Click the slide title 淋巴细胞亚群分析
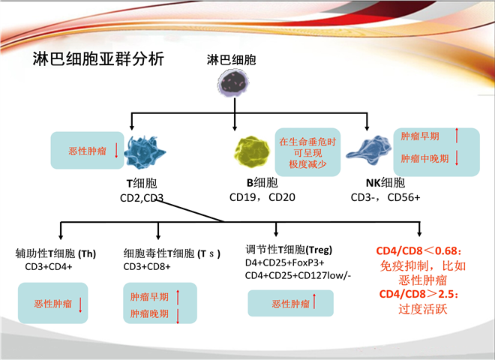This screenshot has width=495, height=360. tap(98, 58)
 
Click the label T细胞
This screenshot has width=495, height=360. tap(142, 184)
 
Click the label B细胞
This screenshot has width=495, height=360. tap(262, 184)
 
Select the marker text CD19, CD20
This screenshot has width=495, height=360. tap(262, 199)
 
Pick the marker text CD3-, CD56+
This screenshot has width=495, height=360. tap(385, 198)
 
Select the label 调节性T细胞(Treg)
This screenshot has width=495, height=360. tap(289, 250)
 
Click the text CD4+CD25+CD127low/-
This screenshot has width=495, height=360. tap(298, 276)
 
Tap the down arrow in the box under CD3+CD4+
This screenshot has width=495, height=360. tap(80, 304)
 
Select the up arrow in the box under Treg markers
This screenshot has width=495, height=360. tap(314, 304)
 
